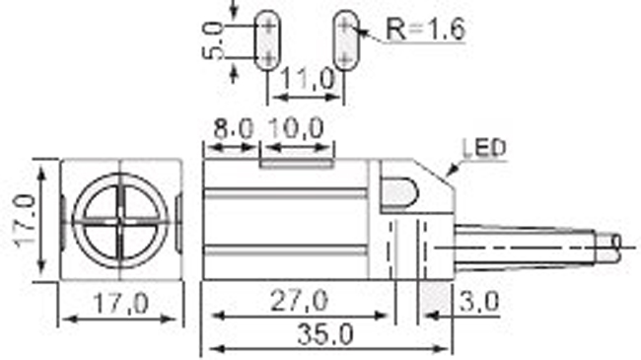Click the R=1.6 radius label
426,30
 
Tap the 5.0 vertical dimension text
214,40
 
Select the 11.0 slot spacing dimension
308,79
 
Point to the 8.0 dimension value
234,129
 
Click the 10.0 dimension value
297,128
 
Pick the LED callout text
484,148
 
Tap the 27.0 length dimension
299,301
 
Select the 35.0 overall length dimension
325,334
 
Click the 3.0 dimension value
479,302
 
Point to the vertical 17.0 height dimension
25,221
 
